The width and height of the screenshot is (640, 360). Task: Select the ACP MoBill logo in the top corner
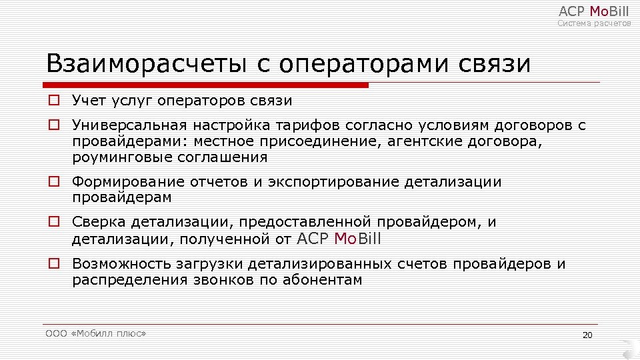pyautogui.click(x=593, y=11)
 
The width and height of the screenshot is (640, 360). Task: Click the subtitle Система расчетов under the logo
pyautogui.click(x=594, y=23)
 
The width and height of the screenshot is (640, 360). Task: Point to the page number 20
pyautogui.click(x=587, y=335)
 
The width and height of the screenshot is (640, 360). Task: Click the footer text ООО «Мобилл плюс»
pyautogui.click(x=95, y=333)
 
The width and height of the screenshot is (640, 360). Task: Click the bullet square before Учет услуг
pyautogui.click(x=53, y=101)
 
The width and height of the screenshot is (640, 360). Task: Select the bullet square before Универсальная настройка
pyautogui.click(x=53, y=125)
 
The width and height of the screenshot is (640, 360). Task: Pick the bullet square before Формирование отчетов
pyautogui.click(x=53, y=181)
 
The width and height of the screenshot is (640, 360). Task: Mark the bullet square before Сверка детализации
pyautogui.click(x=53, y=222)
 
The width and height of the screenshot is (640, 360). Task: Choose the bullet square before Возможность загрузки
pyautogui.click(x=53, y=263)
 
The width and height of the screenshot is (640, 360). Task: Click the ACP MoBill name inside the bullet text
pyautogui.click(x=339, y=239)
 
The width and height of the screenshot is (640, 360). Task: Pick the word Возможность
pyautogui.click(x=113, y=263)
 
